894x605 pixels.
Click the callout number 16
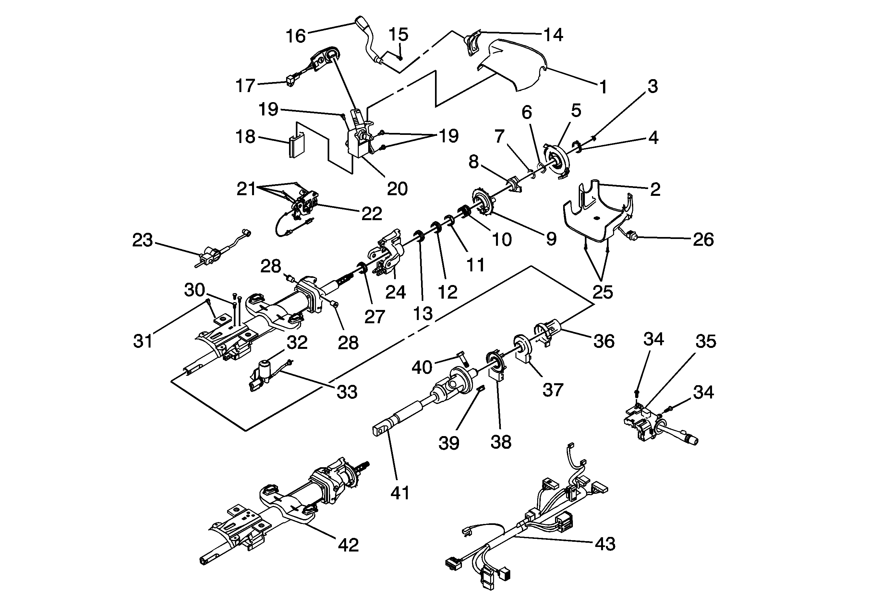(x=296, y=36)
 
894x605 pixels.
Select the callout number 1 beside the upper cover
(x=603, y=87)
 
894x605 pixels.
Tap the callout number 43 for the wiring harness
(x=605, y=544)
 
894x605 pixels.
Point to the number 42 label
(x=348, y=545)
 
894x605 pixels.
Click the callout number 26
(x=703, y=239)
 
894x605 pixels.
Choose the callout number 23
(x=142, y=240)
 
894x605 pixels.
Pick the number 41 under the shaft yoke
(x=400, y=492)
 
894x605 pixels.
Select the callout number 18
(x=246, y=137)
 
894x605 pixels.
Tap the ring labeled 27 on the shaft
(x=362, y=267)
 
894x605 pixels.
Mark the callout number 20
(x=397, y=189)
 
